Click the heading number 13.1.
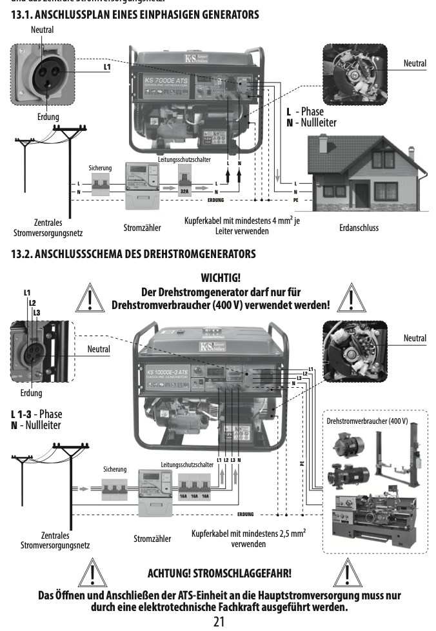[x=23, y=14]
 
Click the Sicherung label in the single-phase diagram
[x=101, y=168]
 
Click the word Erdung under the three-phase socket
[x=30, y=393]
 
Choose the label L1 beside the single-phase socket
[x=107, y=66]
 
